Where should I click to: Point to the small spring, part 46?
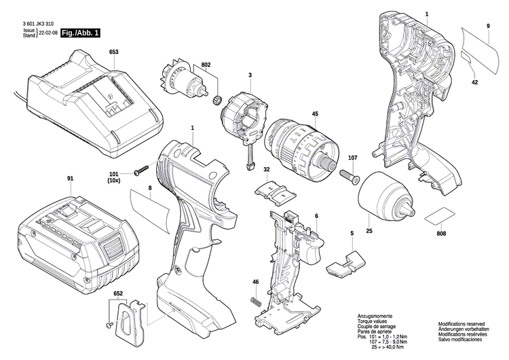pos(257,300)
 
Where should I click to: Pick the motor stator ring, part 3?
pos(244,119)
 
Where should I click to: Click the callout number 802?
pos(207,65)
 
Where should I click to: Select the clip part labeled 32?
pos(274,191)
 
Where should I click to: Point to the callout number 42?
pos(474,82)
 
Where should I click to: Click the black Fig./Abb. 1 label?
pos(80,33)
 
